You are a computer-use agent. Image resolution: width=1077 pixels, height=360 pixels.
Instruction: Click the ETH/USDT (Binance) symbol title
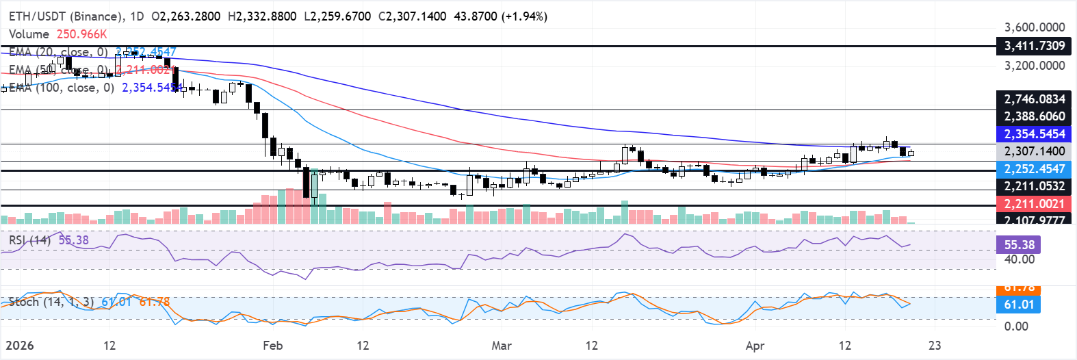point(67,16)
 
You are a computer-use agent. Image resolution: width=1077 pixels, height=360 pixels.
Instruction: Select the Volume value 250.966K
point(82,34)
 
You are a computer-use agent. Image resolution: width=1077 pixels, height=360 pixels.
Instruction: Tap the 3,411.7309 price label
point(1034,46)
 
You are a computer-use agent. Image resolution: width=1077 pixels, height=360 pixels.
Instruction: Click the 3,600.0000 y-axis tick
point(1034,27)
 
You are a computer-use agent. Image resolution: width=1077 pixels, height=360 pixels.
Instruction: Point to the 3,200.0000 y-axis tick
point(1034,66)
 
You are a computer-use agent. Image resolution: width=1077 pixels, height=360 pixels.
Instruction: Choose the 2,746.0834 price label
point(1034,99)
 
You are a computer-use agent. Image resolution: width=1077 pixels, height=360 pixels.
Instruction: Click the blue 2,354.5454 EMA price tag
point(1034,134)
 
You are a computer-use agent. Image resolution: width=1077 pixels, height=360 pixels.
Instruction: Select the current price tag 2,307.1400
point(1034,151)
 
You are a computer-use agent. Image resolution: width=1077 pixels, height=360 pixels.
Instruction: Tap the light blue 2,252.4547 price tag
point(1034,169)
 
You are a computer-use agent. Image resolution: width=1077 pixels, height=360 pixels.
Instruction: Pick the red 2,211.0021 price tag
point(1034,203)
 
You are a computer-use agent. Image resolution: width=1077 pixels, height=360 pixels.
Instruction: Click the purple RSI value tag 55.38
point(1019,244)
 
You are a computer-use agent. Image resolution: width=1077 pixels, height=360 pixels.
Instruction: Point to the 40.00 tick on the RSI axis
point(1019,259)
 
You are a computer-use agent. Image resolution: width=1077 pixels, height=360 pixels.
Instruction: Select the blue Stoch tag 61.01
point(1019,305)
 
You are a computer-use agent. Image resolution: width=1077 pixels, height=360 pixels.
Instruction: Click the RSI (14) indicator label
point(29,240)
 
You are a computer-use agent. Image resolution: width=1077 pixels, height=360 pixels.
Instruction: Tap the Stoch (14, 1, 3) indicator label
point(51,302)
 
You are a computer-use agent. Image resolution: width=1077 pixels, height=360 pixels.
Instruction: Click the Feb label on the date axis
point(272,346)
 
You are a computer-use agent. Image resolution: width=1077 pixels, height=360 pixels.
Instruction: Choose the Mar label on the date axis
point(502,346)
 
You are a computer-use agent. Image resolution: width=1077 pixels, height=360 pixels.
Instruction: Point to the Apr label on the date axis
point(755,346)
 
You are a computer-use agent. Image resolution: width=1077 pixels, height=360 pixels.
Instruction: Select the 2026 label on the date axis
point(19,346)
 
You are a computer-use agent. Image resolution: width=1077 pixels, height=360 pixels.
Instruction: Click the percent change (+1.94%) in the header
point(525,16)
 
